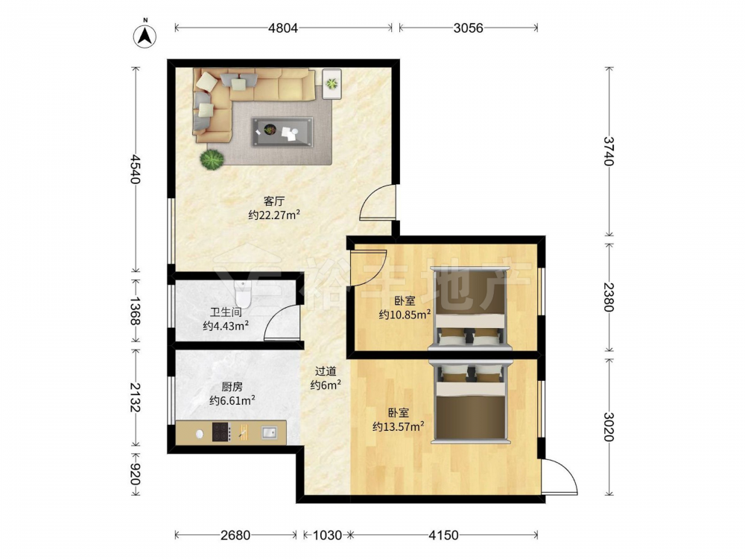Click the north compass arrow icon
(145, 34)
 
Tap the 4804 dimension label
(283, 28)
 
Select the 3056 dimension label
(468, 28)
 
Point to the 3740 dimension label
(609, 151)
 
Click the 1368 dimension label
(135, 311)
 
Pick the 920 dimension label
(135, 475)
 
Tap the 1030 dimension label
(327, 535)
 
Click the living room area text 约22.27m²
(274, 215)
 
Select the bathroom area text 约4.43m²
(226, 326)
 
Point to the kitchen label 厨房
(232, 387)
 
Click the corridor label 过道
(326, 371)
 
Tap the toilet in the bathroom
(243, 294)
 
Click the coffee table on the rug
(282, 132)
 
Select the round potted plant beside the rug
(212, 160)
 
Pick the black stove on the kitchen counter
(221, 432)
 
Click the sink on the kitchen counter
(269, 432)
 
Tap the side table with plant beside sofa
(332, 84)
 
